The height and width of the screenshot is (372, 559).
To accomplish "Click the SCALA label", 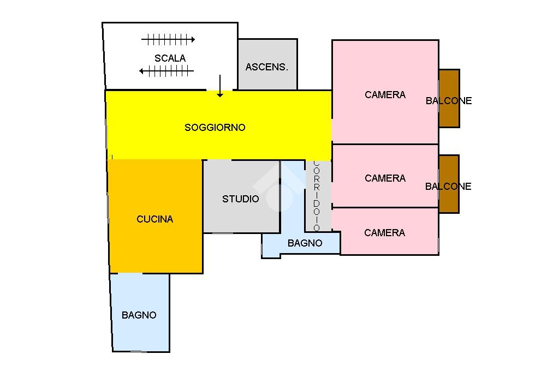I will pyautogui.click(x=170, y=58).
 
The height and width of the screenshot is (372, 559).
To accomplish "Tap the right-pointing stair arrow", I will pyautogui.click(x=168, y=39).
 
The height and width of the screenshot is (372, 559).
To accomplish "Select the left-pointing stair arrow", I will pyautogui.click(x=166, y=71).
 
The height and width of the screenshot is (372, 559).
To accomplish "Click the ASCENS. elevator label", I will pyautogui.click(x=267, y=67).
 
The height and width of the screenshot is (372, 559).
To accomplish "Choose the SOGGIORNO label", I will pyautogui.click(x=215, y=128).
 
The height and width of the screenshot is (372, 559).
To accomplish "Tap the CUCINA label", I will pyautogui.click(x=154, y=219).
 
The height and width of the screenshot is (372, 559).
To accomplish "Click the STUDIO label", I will pyautogui.click(x=241, y=199).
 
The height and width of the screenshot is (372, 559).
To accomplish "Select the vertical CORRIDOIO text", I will pyautogui.click(x=317, y=195).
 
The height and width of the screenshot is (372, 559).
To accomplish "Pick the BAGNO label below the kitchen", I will pyautogui.click(x=139, y=315).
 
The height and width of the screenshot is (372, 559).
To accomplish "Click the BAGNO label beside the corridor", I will pyautogui.click(x=305, y=243).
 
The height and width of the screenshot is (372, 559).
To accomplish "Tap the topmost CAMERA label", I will pyautogui.click(x=385, y=95).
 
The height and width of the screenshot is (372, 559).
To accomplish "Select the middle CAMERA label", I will pyautogui.click(x=385, y=178).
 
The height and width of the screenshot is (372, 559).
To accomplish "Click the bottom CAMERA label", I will pyautogui.click(x=384, y=233).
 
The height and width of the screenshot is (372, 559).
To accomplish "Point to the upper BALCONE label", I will pyautogui.click(x=449, y=101).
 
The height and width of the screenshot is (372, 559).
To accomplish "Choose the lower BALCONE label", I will pyautogui.click(x=448, y=187).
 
